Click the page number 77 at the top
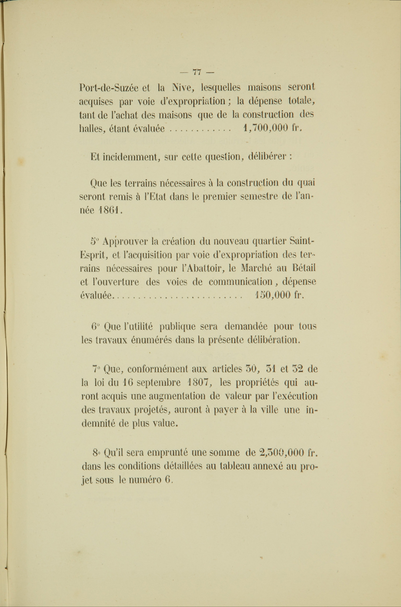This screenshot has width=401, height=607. (x=197, y=72)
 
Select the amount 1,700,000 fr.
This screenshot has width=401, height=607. (x=272, y=128)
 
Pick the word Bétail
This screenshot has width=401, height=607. (x=304, y=268)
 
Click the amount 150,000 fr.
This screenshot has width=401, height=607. (x=279, y=295)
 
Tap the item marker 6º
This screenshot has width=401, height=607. (x=95, y=327)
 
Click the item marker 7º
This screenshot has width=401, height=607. (x=96, y=369)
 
